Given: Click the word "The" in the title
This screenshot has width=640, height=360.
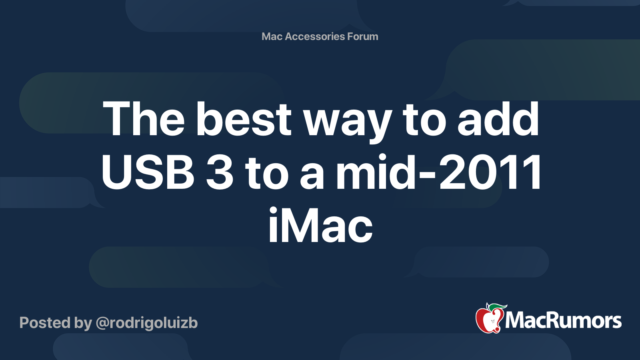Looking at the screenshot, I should click(144, 119).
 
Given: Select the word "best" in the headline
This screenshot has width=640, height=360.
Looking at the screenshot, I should click(244, 119).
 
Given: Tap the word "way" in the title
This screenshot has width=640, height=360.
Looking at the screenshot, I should click(347, 122).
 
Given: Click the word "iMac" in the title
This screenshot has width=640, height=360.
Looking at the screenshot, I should click(320, 226).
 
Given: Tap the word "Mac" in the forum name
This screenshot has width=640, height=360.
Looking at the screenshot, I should click(272, 36).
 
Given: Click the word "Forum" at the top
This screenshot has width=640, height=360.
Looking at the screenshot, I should click(363, 36).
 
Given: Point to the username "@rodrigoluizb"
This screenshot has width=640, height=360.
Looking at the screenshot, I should click(146, 323).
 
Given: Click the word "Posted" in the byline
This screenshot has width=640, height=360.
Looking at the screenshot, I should click(45, 323).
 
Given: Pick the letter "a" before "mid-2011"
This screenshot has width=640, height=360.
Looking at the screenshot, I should click(312, 175).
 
